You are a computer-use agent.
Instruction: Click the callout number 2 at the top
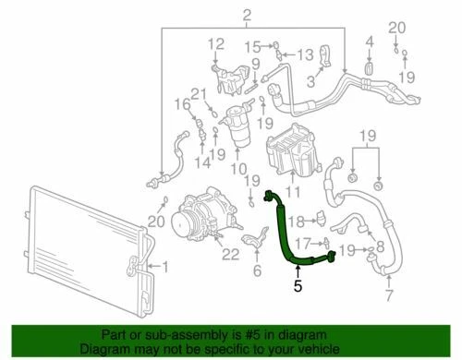point(221,14)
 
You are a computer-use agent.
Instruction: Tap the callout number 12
point(215,43)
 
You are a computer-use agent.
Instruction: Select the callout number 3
point(311,81)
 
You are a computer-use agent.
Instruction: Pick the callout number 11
point(295,191)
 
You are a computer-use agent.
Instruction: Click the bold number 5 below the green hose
point(298,287)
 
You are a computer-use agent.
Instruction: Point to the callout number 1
point(166,268)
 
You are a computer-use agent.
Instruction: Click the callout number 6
point(257,270)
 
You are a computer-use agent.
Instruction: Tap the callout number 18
point(295,222)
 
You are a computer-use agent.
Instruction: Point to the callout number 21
point(196,92)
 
